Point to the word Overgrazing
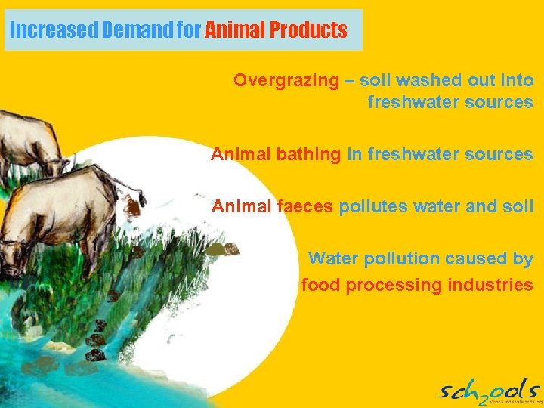coord(286,80)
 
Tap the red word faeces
coord(304,206)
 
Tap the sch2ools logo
coord(489,391)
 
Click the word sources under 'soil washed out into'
coord(504,102)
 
